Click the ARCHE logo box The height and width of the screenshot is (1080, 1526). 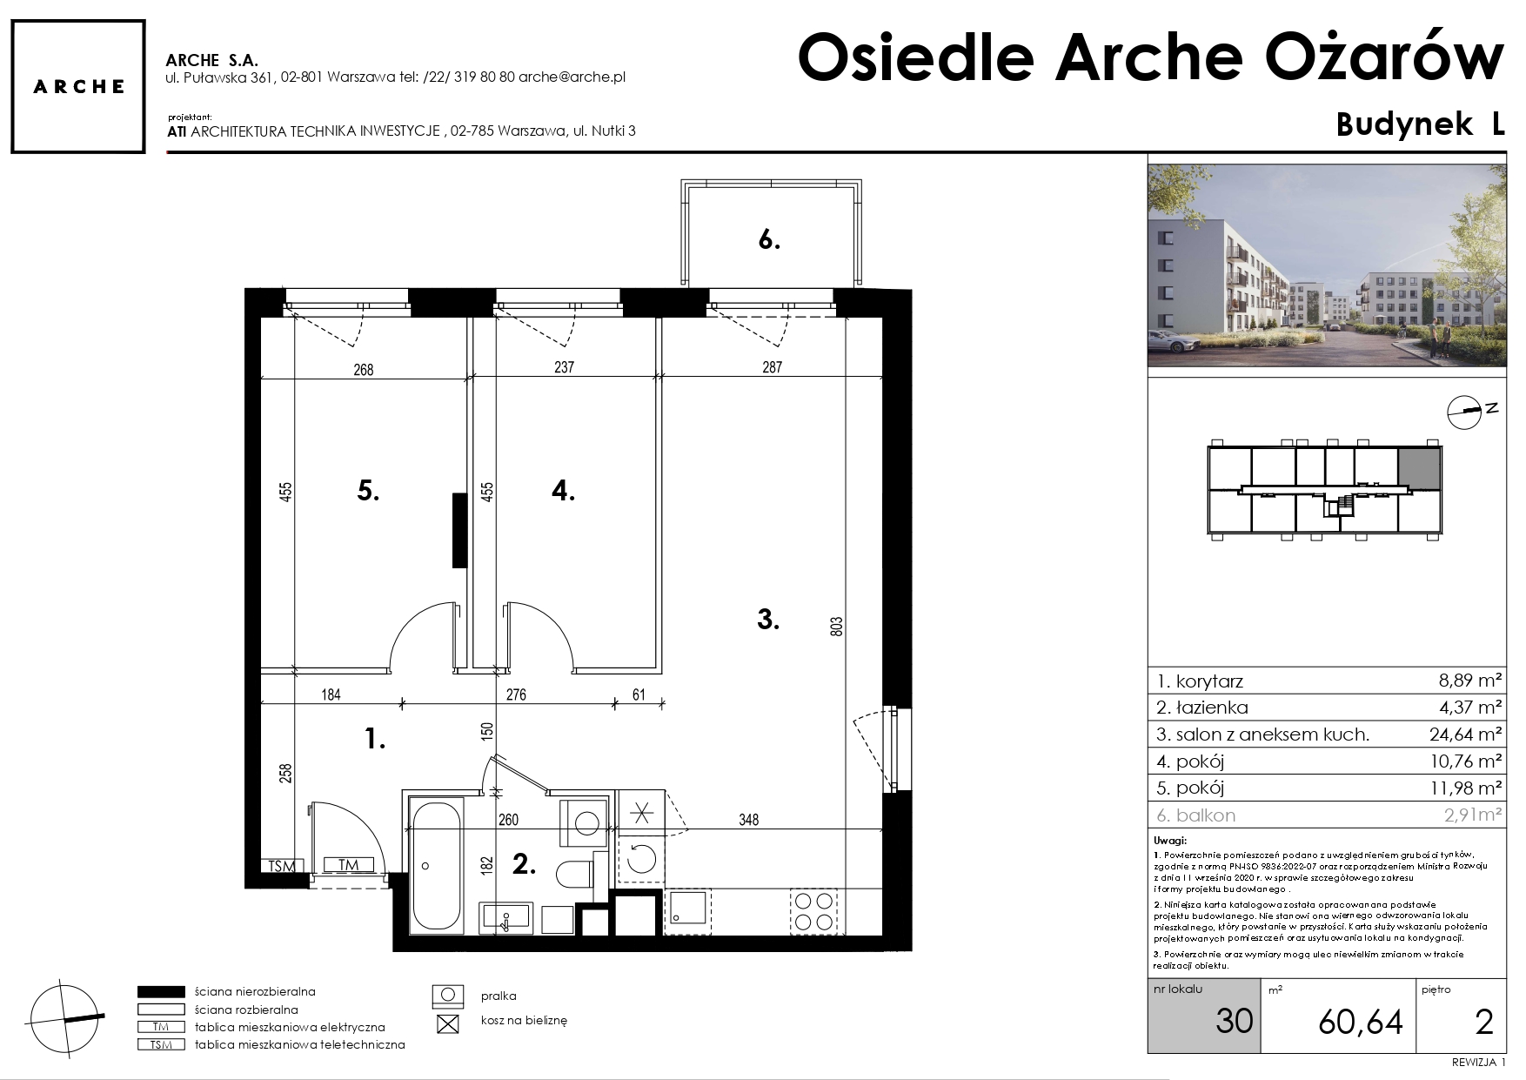tap(78, 87)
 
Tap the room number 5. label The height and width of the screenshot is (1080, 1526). tap(368, 492)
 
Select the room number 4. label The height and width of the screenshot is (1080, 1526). tap(563, 492)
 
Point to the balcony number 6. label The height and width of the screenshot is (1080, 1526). tap(769, 240)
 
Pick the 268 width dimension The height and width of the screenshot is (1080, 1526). tap(363, 370)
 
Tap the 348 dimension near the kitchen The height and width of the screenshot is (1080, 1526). tap(748, 820)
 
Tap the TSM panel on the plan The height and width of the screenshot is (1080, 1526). tap(282, 867)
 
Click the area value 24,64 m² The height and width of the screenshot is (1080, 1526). tap(1466, 735)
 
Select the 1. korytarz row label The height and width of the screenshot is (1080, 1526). tap(1200, 681)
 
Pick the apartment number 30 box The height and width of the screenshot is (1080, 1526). tap(1205, 1016)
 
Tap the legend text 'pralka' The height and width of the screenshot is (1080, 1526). tap(499, 996)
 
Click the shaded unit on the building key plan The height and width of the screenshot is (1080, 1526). tap(1419, 468)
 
